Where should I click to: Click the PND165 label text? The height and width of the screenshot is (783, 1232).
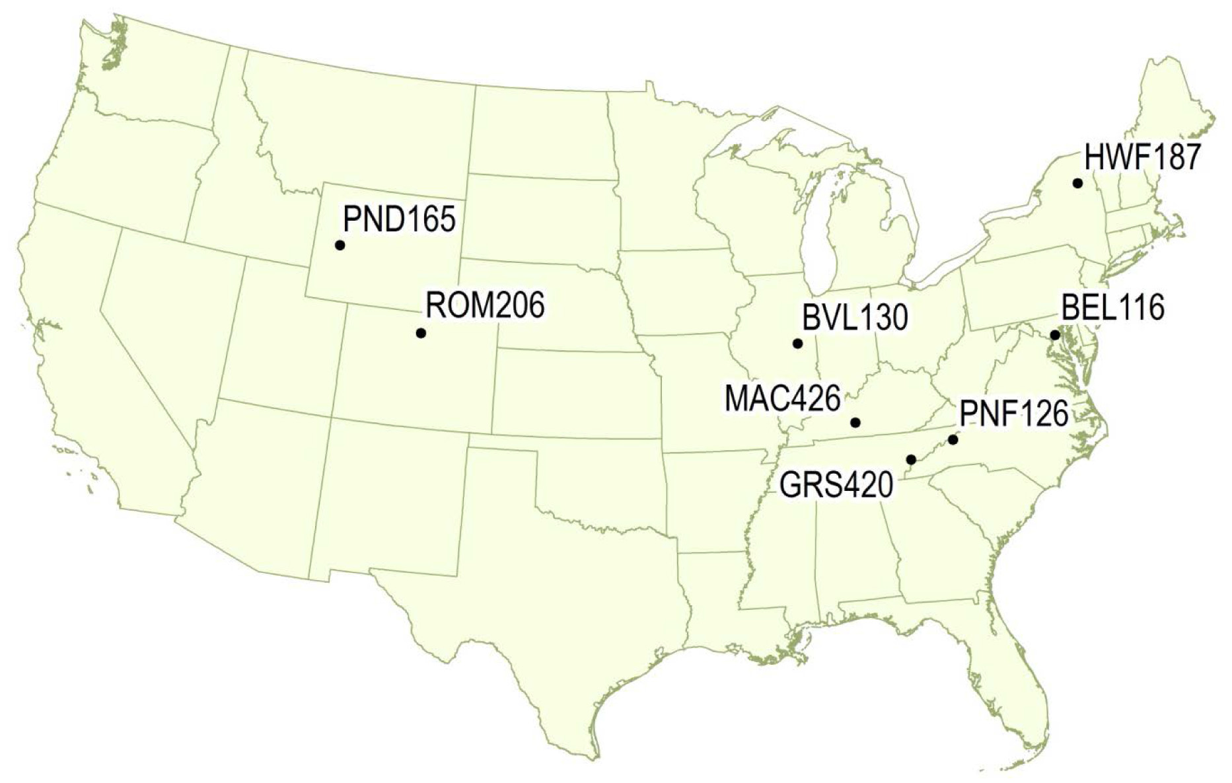point(400,219)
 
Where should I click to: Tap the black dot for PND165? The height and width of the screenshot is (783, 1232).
point(340,245)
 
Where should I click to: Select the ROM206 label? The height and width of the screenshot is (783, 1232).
point(485,306)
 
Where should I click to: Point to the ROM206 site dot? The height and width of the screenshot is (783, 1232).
point(421,333)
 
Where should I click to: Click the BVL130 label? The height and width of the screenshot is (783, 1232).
point(855,318)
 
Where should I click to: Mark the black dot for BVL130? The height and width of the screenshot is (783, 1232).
point(797,344)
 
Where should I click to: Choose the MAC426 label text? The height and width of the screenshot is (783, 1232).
point(782,400)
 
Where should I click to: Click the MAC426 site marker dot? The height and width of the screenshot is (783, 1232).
point(855,422)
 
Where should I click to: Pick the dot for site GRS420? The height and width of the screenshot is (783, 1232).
point(912,459)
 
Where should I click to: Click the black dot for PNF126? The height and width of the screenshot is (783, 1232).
point(953,439)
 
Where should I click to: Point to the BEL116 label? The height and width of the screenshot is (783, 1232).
point(1112,308)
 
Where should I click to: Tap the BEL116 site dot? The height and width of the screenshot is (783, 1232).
point(1055,335)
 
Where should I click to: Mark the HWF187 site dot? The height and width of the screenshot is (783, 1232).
point(1077,183)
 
